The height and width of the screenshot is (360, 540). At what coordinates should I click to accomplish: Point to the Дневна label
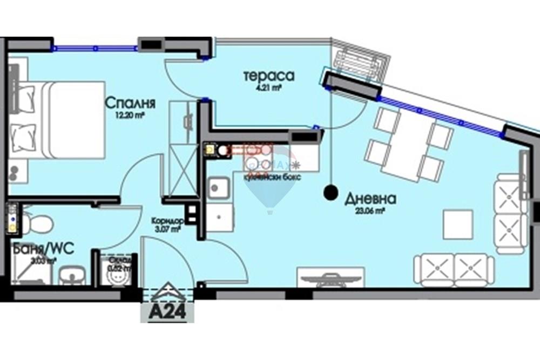coord(370,199)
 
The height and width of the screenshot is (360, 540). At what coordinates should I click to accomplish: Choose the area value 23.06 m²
coord(370,212)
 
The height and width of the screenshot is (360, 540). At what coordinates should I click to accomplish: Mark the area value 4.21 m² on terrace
coord(268,87)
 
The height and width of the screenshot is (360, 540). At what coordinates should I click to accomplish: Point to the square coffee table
coord(457,224)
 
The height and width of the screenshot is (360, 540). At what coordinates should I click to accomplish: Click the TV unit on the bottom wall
coord(331,278)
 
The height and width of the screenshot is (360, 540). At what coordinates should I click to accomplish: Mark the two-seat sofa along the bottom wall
coord(454,269)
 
